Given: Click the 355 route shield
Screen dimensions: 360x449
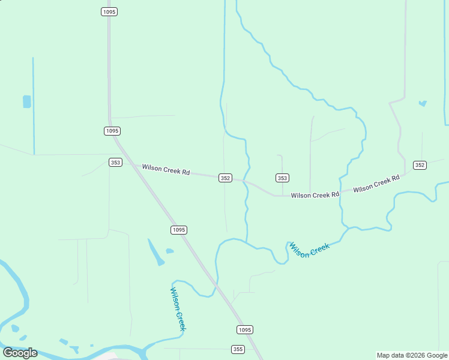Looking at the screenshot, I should (238, 349).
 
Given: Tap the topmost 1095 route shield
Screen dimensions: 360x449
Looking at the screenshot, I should (109, 12).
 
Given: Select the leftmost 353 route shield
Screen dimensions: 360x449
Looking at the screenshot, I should (116, 163).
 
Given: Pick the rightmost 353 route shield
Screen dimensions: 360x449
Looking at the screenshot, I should (283, 178).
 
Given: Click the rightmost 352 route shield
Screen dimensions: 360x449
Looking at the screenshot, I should (420, 165).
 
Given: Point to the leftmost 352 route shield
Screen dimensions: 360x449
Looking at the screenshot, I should (225, 178).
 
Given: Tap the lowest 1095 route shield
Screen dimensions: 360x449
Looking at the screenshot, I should (244, 329).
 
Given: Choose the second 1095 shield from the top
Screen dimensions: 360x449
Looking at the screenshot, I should (112, 131).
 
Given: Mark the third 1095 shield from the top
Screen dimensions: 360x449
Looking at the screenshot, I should (178, 230).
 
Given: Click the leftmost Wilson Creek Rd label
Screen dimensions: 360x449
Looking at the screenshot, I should (166, 170).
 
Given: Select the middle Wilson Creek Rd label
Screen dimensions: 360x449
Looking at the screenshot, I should (315, 195).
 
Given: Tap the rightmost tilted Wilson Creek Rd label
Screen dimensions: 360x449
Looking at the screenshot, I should (376, 184).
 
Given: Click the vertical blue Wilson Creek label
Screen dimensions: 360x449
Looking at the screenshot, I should (178, 308).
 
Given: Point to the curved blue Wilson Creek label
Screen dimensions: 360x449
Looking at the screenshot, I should (309, 250).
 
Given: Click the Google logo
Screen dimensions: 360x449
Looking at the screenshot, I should (20, 353).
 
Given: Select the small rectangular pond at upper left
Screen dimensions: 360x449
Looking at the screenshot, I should (26, 101).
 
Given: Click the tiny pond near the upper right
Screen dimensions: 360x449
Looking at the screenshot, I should (423, 103).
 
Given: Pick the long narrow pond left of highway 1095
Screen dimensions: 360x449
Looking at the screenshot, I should (155, 253).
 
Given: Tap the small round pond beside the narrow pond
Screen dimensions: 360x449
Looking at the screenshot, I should (170, 251).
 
